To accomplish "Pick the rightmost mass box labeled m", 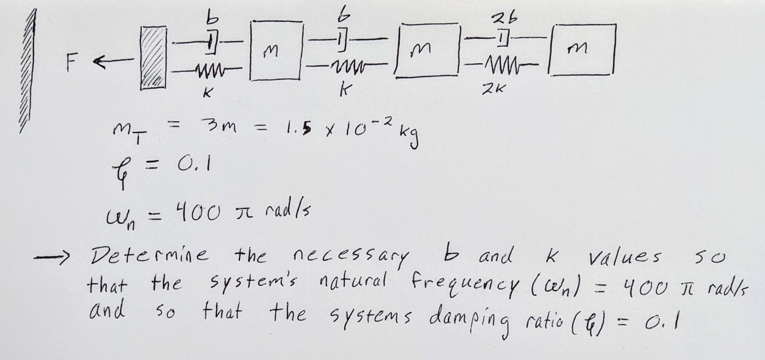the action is [x=582, y=50].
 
